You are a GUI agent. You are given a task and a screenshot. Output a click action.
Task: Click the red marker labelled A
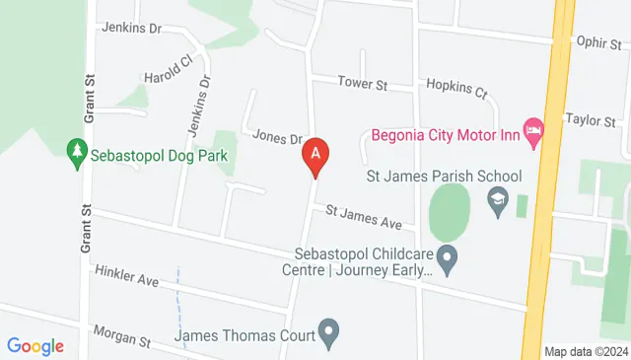click(x=315, y=155)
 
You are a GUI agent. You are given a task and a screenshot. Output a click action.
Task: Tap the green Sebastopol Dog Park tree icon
click(x=76, y=154)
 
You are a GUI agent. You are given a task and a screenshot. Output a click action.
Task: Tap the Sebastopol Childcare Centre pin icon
click(x=448, y=260)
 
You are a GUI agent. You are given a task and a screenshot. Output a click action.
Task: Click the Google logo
click(x=35, y=346)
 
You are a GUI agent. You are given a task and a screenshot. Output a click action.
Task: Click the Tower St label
click(x=362, y=84)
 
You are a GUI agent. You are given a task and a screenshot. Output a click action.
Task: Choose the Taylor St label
click(x=590, y=119)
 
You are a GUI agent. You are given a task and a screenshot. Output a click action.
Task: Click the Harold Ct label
click(x=166, y=70)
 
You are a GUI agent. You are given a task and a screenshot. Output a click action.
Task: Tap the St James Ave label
click(x=364, y=216)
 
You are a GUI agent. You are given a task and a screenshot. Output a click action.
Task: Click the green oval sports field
click(x=450, y=211)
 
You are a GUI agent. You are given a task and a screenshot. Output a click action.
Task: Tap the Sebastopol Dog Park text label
click(x=159, y=155)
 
